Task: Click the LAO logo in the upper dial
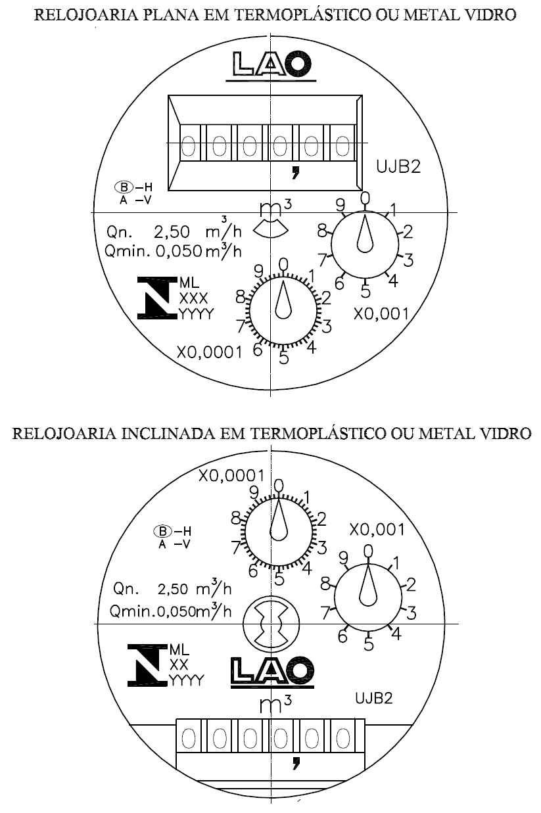tap(271, 64)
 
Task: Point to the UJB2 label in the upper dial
tap(398, 166)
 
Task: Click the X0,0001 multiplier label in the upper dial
tap(210, 352)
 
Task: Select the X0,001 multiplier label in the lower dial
tap(377, 530)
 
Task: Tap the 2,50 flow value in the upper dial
tap(172, 232)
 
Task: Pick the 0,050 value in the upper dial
tap(179, 251)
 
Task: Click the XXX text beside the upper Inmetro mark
tap(193, 298)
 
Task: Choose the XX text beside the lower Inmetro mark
tap(179, 665)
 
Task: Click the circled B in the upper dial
tap(124, 187)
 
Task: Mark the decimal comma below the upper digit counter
tap(296, 172)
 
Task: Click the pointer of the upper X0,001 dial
tap(365, 233)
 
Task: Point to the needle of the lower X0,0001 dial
tap(279, 520)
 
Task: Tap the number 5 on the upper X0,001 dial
tap(365, 292)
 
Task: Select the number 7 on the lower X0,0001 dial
tap(236, 547)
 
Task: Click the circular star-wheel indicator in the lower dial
tap(271, 625)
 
